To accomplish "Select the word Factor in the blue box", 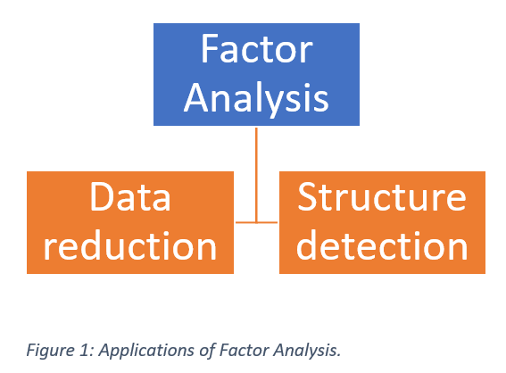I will [x=256, y=49].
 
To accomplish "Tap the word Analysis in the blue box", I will [x=256, y=97].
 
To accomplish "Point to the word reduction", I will [x=130, y=245].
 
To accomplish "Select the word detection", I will [x=382, y=245].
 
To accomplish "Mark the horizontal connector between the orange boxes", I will [x=257, y=222].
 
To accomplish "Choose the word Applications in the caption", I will [x=136, y=350].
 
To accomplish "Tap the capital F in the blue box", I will [x=210, y=49].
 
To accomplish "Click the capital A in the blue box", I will [x=196, y=97].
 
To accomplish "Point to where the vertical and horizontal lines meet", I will [x=257, y=222].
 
